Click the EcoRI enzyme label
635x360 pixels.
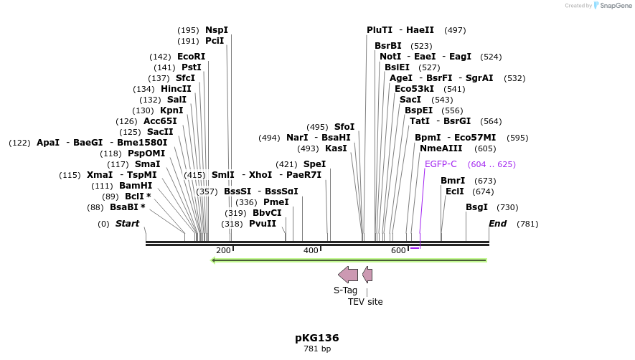pyautogui.click(x=191, y=57)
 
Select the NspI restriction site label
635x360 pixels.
pyautogui.click(x=217, y=30)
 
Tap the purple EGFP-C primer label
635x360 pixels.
pyautogui.click(x=441, y=164)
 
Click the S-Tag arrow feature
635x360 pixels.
pyautogui.click(x=348, y=274)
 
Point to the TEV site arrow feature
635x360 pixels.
pyautogui.click(x=367, y=274)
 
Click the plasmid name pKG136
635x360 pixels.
pyautogui.click(x=316, y=338)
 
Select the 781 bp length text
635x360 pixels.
pyautogui.click(x=316, y=349)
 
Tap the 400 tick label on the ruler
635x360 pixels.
pyautogui.click(x=311, y=250)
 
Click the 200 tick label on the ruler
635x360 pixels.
pyautogui.click(x=223, y=250)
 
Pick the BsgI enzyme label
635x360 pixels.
pyautogui.click(x=477, y=207)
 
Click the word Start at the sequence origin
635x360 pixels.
pyautogui.click(x=127, y=224)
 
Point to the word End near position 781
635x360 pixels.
pyautogui.click(x=497, y=224)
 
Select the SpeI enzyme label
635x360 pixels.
pyautogui.click(x=314, y=164)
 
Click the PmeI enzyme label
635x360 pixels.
pyautogui.click(x=276, y=202)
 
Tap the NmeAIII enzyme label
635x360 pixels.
pyautogui.click(x=441, y=148)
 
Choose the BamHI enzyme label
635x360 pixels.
pyautogui.click(x=136, y=186)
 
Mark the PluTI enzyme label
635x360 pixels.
pyautogui.click(x=380, y=30)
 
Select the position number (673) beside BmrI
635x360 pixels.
pyautogui.click(x=486, y=181)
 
